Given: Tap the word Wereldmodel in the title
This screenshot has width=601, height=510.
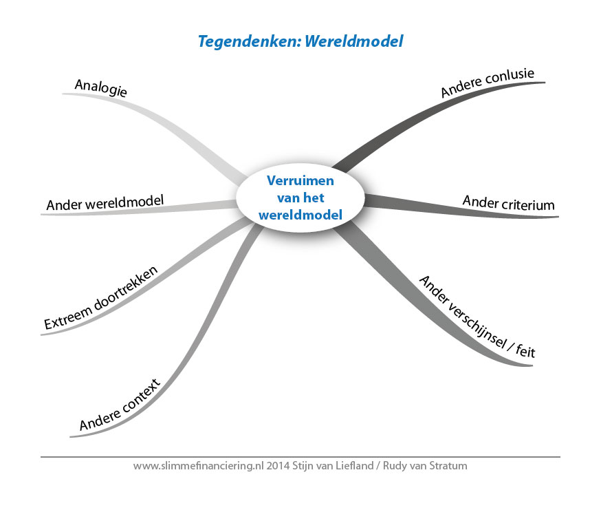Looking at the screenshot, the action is point(354,41).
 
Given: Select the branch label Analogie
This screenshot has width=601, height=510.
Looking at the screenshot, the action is point(101,88).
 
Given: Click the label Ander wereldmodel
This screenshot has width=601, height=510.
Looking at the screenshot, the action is point(105,202).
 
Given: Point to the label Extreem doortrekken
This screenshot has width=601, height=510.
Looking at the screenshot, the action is point(101,298).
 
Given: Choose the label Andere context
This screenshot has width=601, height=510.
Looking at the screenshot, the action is point(120,405).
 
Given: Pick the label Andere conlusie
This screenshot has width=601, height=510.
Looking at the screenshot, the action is point(487,83).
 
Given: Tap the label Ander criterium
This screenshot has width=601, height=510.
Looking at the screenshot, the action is point(509,203).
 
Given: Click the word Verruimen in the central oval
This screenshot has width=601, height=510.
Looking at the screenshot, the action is point(300,180).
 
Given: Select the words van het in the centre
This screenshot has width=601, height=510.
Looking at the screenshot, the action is point(300,198).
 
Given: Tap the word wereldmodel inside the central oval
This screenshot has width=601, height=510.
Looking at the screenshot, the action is point(300,215).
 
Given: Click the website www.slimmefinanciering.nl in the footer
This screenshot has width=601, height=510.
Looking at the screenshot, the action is point(199,466).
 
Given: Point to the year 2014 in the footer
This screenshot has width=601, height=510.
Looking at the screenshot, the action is point(278,466).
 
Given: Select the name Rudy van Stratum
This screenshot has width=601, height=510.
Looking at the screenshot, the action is point(425,466).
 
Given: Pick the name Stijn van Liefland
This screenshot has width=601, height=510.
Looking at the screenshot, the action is point(333,466).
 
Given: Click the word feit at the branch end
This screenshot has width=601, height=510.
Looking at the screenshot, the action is point(525,351).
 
